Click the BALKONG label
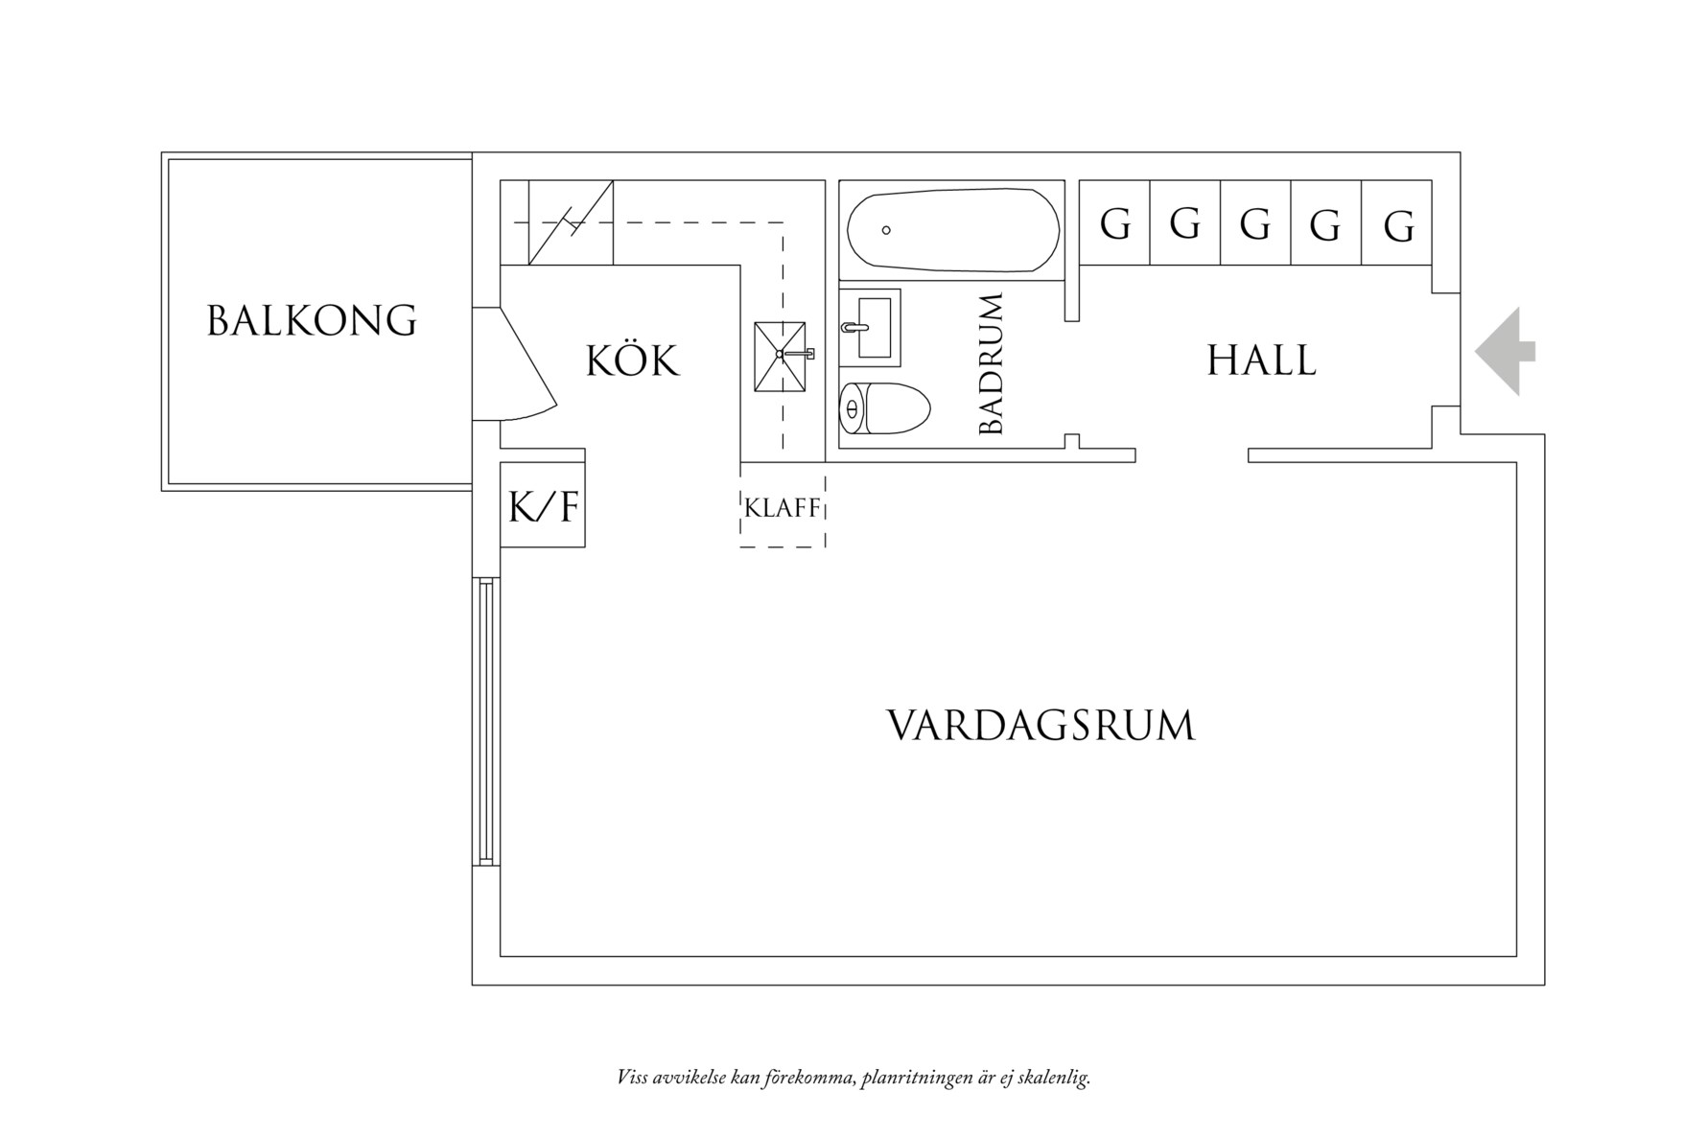pos(312,321)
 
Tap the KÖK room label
pos(632,361)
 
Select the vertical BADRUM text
pos(992,364)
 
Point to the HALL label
pos(1261,361)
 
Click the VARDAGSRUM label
pos(1041,726)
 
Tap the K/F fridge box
pos(543,505)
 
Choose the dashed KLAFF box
pos(783,507)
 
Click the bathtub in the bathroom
pos(952,230)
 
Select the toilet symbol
pos(883,409)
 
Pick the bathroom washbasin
pos(871,327)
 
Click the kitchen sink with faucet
pos(781,357)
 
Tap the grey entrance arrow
pos(1505,352)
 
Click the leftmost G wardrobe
pos(1114,223)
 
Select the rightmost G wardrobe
pos(1397,223)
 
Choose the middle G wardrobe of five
pos(1255,223)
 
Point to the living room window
pos(486,722)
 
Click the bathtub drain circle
pos(886,230)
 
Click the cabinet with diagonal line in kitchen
pos(571,222)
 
